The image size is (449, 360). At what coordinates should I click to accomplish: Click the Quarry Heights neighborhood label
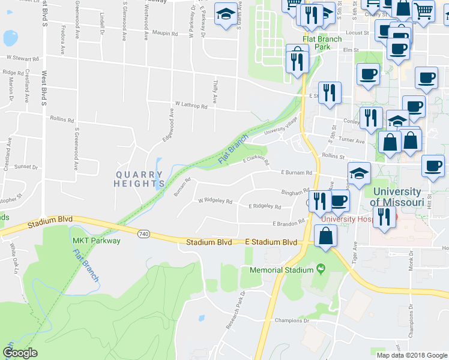click(139, 179)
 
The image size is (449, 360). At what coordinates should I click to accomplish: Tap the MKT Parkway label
click(97, 241)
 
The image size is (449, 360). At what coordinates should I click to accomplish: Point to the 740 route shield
click(143, 233)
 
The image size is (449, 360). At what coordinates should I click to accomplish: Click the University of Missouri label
click(397, 196)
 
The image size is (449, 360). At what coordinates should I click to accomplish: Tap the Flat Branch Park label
click(322, 43)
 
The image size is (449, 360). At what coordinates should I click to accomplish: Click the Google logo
click(20, 353)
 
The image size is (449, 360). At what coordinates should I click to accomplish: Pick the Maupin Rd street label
click(165, 34)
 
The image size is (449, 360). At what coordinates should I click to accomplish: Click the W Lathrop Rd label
click(190, 106)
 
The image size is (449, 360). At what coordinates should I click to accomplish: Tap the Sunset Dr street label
click(26, 167)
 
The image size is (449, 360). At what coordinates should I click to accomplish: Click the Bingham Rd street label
click(295, 192)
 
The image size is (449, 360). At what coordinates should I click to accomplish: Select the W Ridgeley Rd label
click(215, 201)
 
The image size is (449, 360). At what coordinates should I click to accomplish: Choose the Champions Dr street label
click(291, 320)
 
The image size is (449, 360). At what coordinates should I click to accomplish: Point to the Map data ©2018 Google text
click(411, 355)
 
